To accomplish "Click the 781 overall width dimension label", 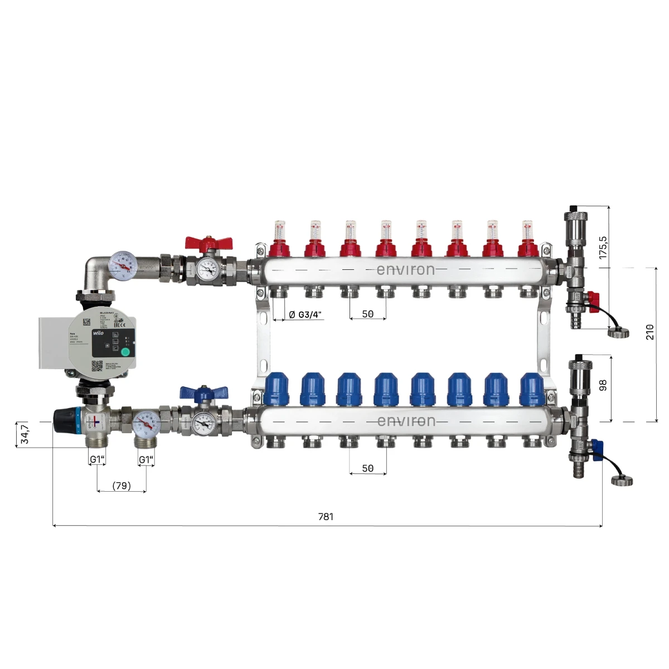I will tap(326, 517).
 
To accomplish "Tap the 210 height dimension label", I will tap(650, 332).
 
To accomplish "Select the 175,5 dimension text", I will tap(603, 247).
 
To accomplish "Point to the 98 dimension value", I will tap(603, 385).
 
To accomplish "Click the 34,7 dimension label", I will tap(25, 434).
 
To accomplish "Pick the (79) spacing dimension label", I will tap(122, 486).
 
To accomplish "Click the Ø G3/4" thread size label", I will tap(306, 314).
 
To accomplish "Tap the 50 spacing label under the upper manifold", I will tap(368, 314).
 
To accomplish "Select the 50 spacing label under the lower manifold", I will tap(368, 468).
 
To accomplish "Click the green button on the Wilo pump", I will tap(125, 351).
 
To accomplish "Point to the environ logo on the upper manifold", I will tap(405, 270).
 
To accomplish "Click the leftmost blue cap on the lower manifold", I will tap(277, 389).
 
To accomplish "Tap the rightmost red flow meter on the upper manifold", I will tap(527, 240).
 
